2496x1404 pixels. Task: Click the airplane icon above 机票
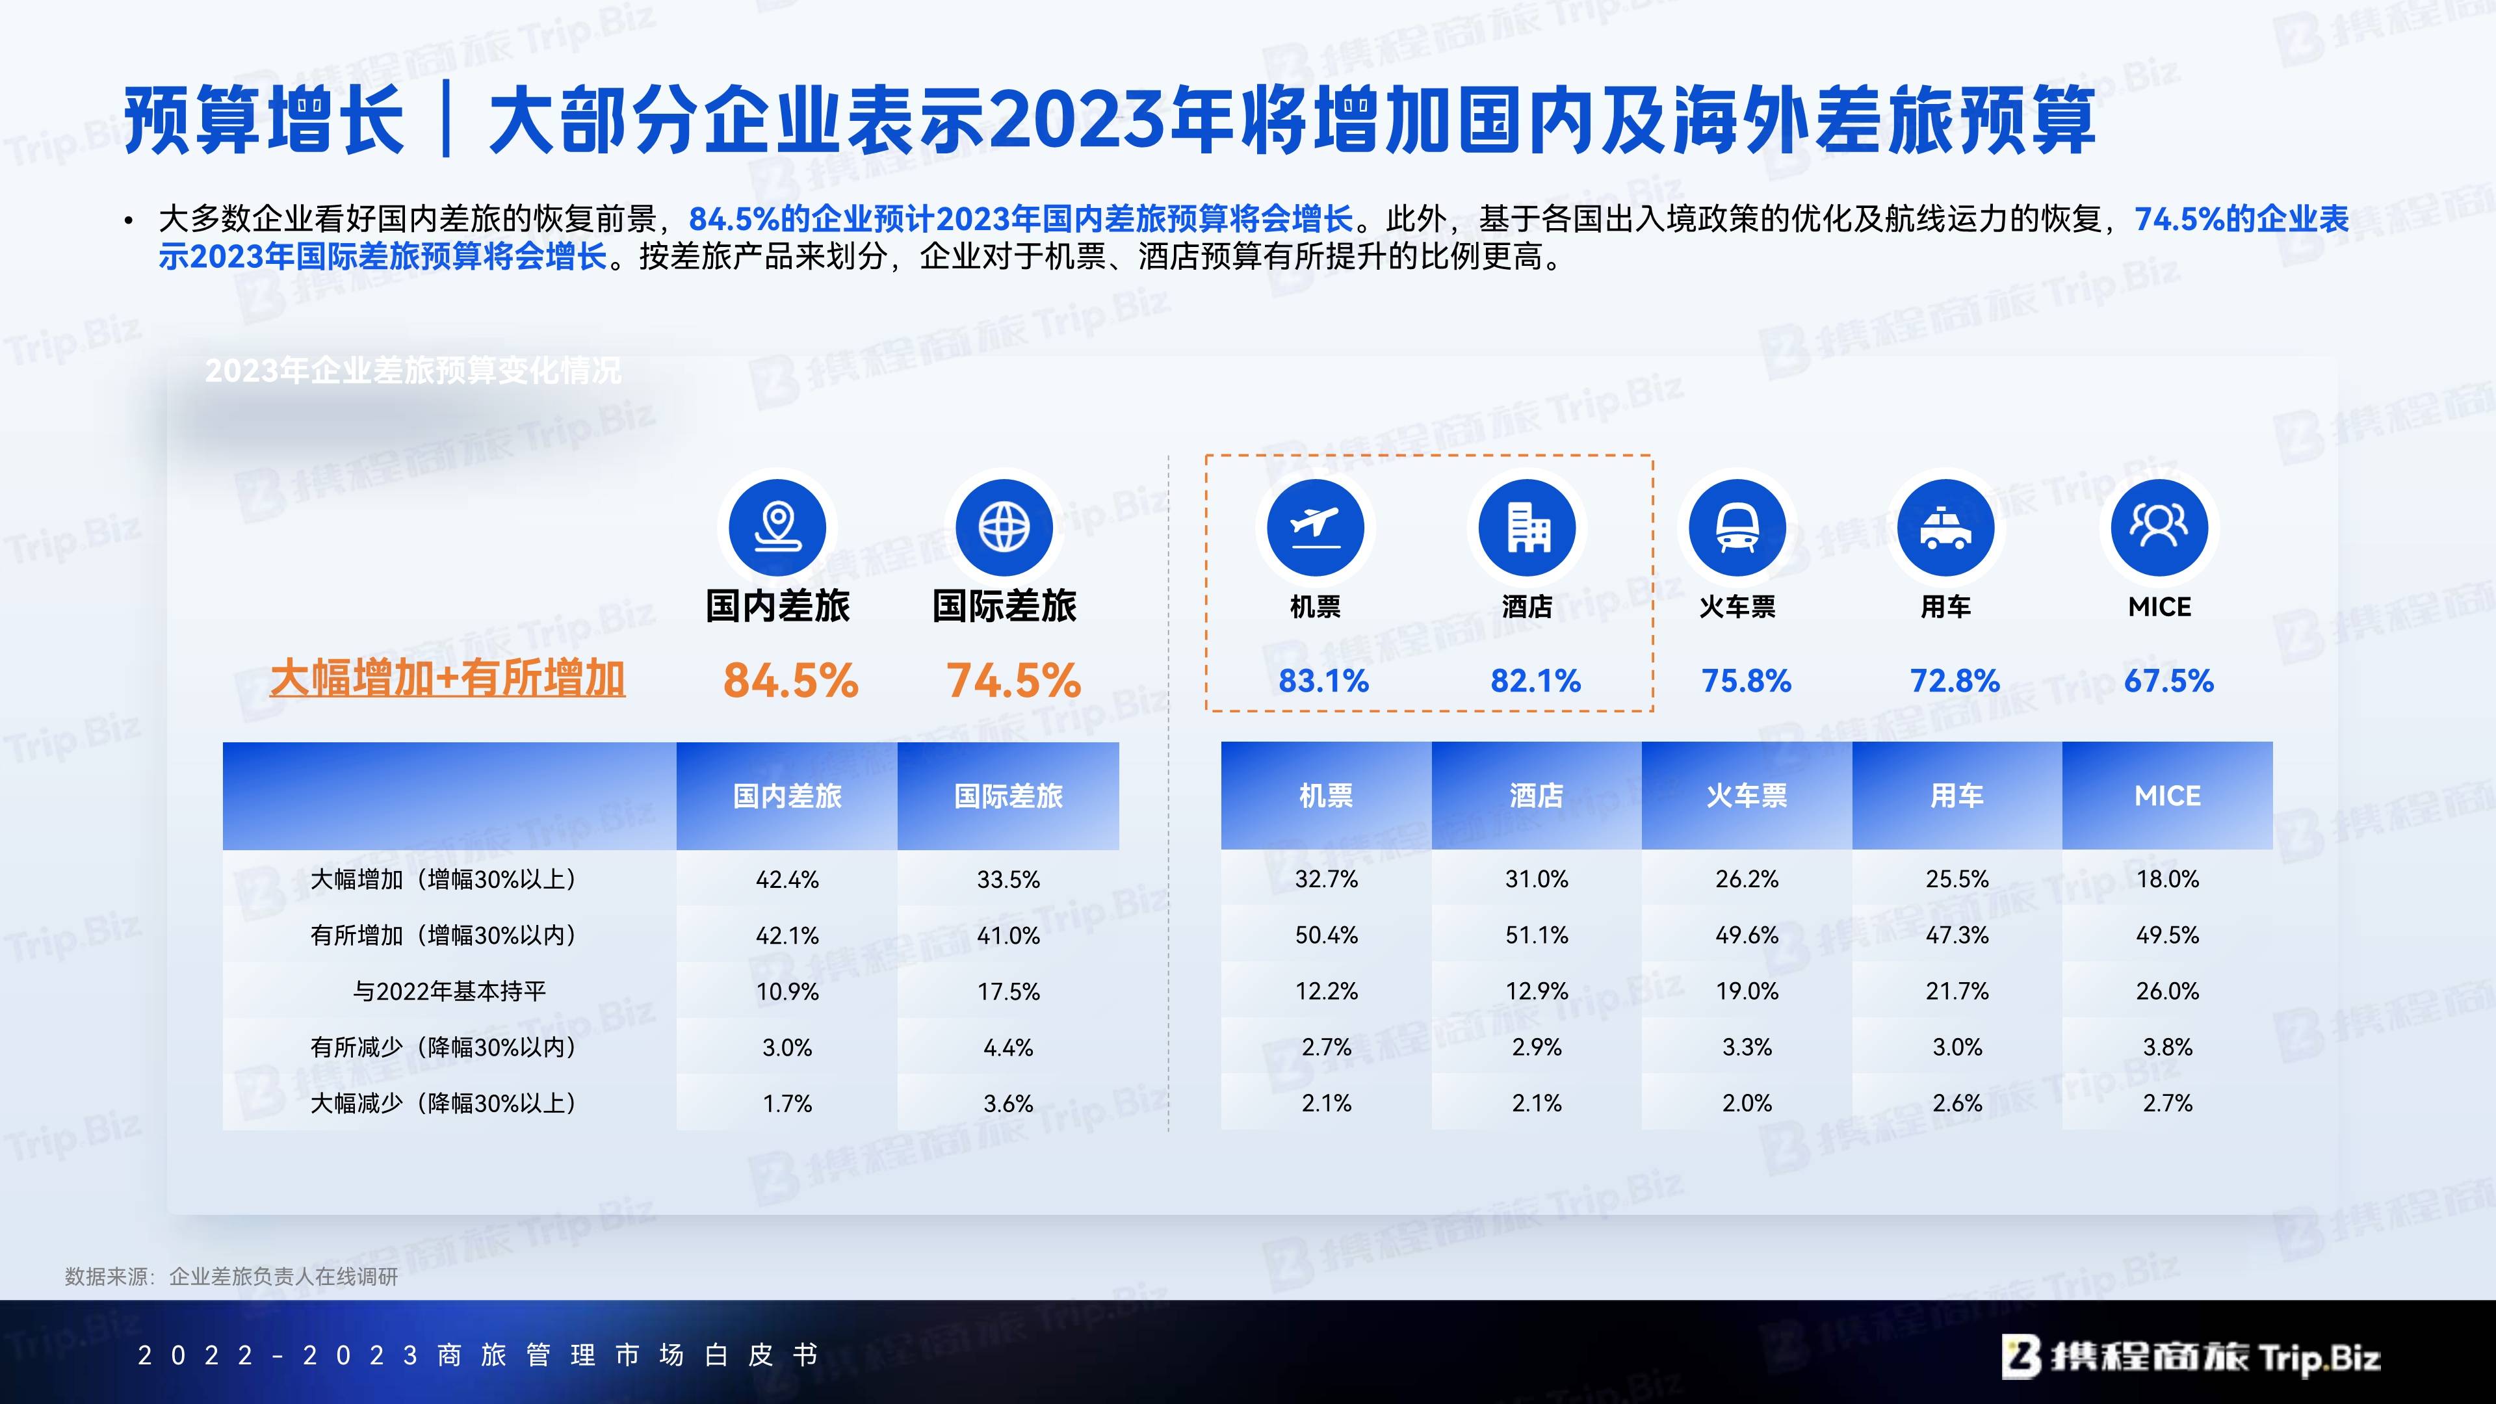coord(1316,527)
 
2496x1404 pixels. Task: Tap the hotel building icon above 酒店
coord(1527,527)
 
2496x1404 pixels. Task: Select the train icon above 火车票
coord(1737,527)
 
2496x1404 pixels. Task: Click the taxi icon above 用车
coord(1945,527)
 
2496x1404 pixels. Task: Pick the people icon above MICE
coord(2159,527)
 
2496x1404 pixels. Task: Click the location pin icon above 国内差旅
coord(777,527)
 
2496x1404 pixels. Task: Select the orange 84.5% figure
coord(790,680)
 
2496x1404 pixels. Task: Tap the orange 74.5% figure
coord(1013,680)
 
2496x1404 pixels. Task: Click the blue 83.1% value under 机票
coord(1323,681)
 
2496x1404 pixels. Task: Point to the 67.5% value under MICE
coord(2168,681)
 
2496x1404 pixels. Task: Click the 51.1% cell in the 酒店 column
coord(1537,935)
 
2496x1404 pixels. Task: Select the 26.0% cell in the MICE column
coord(2168,991)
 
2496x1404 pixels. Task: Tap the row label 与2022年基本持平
coord(450,991)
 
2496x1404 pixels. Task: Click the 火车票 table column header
coord(1747,796)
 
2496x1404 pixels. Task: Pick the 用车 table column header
coord(1957,796)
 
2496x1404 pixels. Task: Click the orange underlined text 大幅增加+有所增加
coord(448,678)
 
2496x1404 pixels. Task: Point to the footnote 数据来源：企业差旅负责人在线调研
coord(231,1277)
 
